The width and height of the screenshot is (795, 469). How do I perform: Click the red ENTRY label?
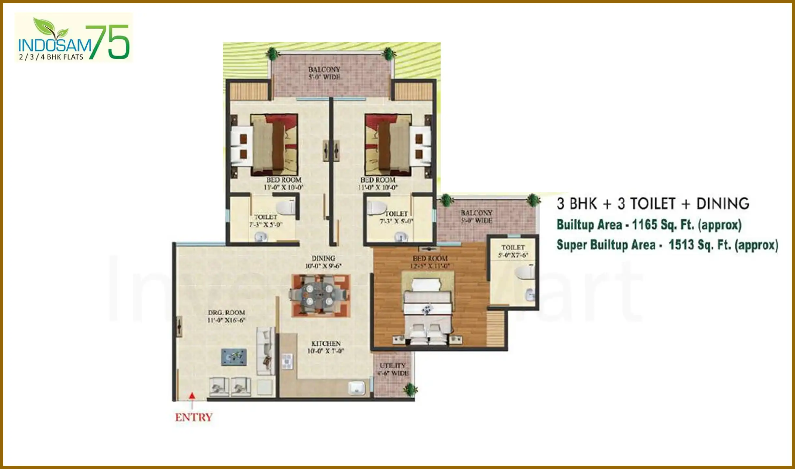[194, 417]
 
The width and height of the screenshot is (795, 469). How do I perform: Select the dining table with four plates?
[320, 295]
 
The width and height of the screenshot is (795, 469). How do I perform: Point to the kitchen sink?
[356, 388]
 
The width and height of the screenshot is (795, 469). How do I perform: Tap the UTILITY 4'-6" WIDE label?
[393, 369]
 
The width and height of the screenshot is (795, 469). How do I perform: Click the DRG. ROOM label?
[226, 316]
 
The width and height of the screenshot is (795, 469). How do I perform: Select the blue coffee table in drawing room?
[234, 357]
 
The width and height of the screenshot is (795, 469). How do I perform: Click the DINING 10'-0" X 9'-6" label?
[323, 262]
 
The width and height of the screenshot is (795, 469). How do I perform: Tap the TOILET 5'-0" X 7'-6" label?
[513, 251]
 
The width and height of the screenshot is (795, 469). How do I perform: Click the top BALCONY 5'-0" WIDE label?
[324, 73]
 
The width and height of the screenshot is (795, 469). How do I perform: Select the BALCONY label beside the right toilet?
[476, 217]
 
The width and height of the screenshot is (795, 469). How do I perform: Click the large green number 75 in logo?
[109, 42]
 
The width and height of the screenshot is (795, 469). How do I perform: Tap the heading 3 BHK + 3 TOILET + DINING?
[653, 204]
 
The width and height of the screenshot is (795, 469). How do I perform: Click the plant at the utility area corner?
[410, 389]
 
